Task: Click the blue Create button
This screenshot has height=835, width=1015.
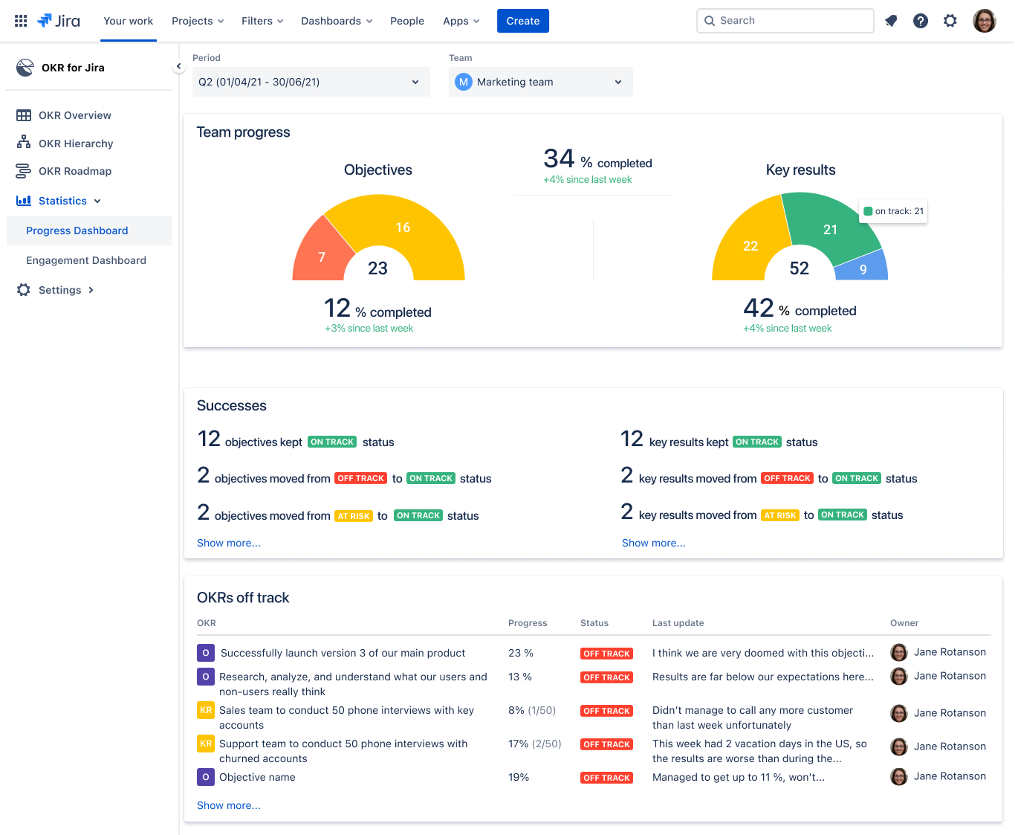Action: [522, 21]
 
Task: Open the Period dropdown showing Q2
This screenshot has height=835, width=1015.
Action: [311, 82]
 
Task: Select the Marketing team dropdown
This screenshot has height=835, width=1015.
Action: [540, 82]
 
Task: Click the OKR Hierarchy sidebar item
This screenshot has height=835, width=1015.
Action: [76, 144]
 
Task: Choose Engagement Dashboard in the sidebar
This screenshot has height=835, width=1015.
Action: [86, 260]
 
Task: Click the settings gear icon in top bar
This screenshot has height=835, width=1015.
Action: [950, 21]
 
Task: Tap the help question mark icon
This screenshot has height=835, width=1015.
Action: [921, 21]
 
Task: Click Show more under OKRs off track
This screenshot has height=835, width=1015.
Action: [228, 805]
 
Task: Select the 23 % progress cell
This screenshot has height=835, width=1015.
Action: [521, 653]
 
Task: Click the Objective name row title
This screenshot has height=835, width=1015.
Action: [257, 777]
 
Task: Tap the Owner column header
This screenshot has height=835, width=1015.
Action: [904, 623]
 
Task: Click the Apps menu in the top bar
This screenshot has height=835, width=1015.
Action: [461, 21]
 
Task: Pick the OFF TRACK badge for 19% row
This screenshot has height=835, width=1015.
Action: [606, 778]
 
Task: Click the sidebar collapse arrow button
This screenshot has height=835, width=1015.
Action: [178, 66]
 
